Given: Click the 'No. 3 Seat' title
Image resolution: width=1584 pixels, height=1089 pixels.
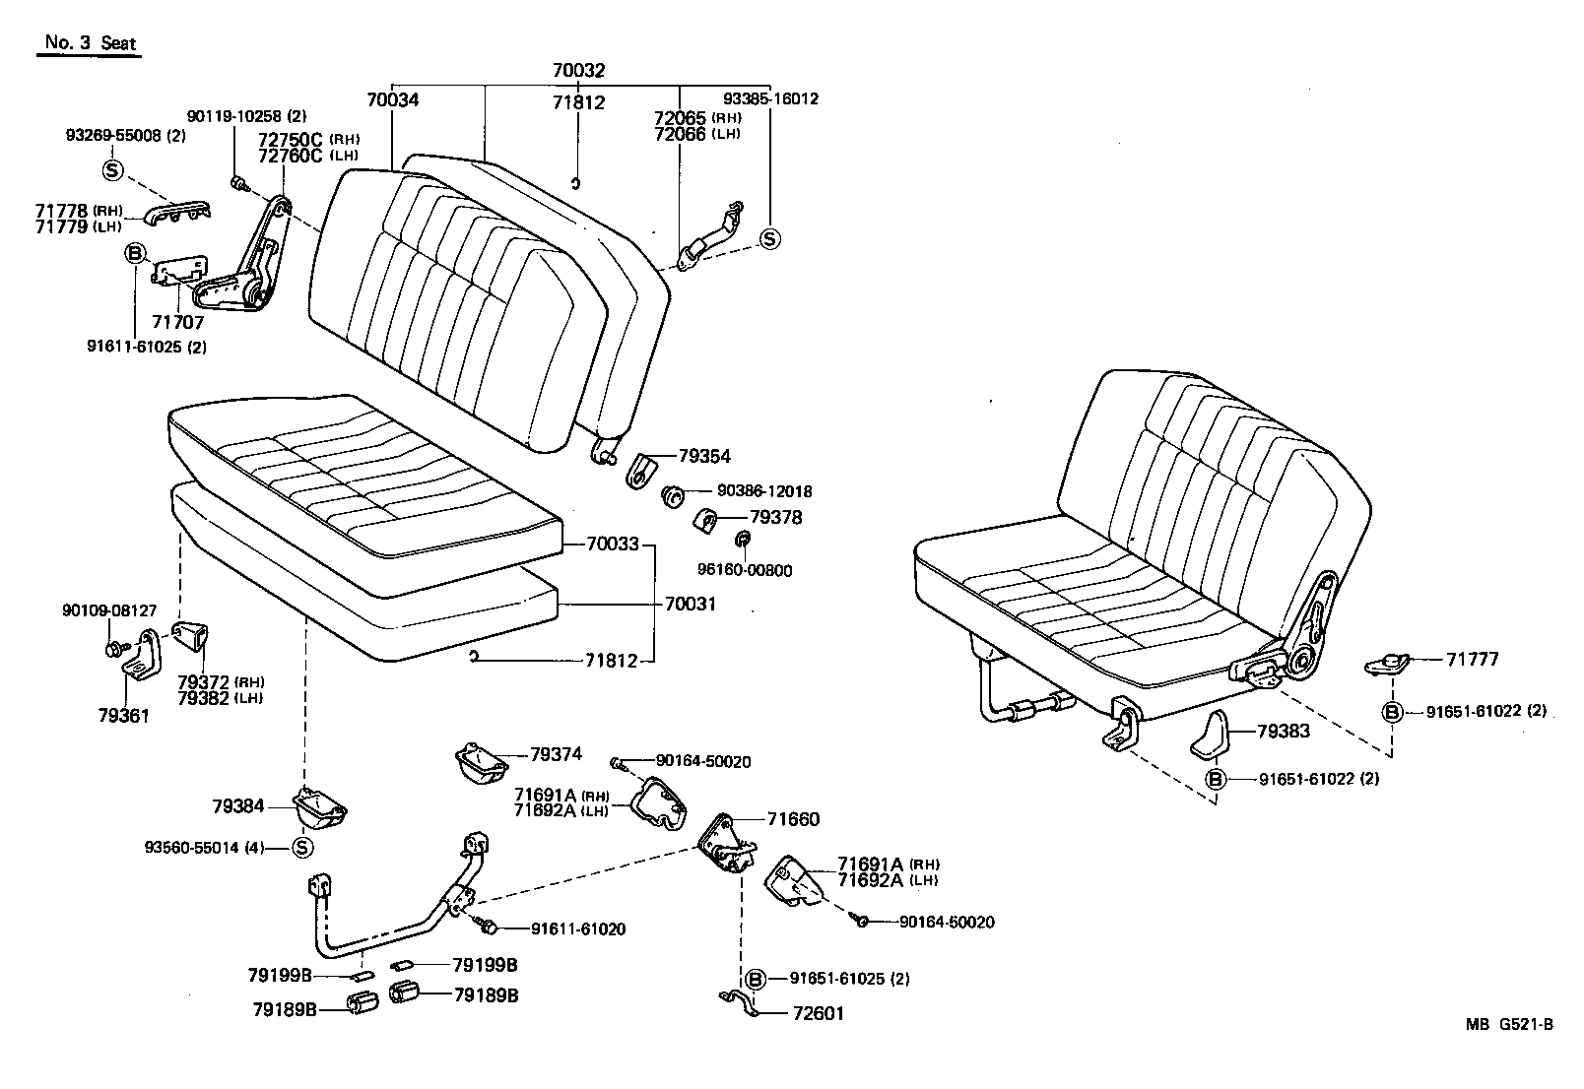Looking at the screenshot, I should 90,43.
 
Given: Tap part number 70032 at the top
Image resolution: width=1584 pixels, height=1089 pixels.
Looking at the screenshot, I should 578,71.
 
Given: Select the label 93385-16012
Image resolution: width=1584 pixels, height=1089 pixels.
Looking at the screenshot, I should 771,98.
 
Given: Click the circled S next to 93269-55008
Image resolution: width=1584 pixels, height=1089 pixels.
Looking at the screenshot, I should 111,170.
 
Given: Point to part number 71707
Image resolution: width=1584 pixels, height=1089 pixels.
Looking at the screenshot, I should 177,323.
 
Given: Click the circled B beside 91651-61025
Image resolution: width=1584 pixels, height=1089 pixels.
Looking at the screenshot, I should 755,979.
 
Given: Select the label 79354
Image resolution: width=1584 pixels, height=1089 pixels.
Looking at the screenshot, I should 704,456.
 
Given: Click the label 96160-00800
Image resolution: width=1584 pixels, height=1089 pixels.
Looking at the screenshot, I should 745,570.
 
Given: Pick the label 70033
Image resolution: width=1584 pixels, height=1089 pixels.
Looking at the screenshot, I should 613,544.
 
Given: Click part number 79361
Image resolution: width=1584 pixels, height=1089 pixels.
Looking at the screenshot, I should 123,716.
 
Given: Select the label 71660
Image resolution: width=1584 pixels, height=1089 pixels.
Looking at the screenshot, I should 793,819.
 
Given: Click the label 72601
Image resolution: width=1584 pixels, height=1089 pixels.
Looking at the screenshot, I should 819,1013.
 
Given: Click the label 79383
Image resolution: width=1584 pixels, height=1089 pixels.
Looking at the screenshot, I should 1284,732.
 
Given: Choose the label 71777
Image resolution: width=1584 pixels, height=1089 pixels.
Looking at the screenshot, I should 1473,659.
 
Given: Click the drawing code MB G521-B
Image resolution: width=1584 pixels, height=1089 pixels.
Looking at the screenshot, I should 1508,1024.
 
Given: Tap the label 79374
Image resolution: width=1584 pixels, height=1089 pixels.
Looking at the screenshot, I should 556,754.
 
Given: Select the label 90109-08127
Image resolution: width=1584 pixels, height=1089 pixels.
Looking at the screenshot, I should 109,610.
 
